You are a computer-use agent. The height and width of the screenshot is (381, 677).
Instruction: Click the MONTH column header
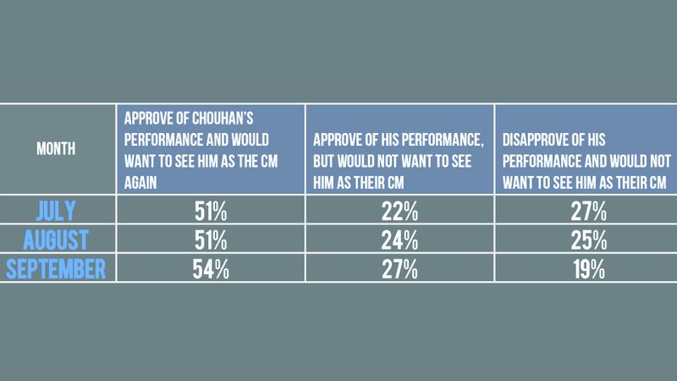56,149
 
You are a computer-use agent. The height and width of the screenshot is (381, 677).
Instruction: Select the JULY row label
56,208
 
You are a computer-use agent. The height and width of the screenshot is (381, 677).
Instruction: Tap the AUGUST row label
56,239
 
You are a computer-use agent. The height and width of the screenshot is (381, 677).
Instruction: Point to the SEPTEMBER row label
56,269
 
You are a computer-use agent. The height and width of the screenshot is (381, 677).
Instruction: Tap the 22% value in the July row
399,208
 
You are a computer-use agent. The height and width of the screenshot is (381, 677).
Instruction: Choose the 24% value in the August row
399,239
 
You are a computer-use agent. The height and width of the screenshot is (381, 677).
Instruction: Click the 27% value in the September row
399,269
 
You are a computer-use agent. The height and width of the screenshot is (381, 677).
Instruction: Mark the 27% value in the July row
586,208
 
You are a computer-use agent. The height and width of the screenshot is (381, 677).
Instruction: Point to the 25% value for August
586,239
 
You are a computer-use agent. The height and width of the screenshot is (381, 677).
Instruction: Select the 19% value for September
586,269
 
